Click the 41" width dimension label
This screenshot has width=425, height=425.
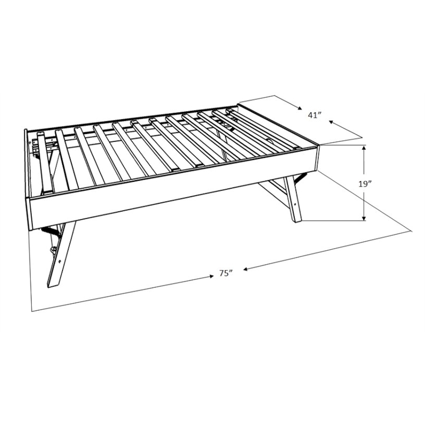[x=314, y=115]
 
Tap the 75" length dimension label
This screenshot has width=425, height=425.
[x=226, y=273]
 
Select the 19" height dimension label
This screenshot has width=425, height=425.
[x=364, y=184]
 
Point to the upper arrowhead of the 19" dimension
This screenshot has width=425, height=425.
[x=364, y=148]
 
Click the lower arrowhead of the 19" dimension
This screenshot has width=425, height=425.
[x=364, y=218]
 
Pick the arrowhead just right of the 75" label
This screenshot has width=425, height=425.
[x=246, y=269]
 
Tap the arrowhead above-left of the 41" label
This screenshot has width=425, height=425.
[x=300, y=108]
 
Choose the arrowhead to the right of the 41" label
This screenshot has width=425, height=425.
[x=331, y=122]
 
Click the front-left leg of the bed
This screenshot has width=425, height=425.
[x=61, y=255]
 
